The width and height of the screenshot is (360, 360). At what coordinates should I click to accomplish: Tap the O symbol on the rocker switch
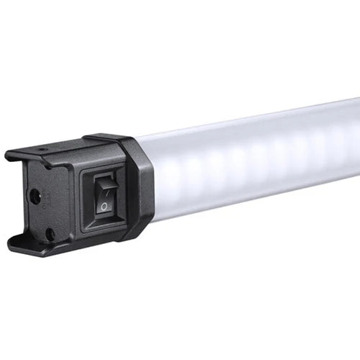click(105, 206)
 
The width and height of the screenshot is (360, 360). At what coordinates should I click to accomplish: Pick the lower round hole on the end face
click(50, 233)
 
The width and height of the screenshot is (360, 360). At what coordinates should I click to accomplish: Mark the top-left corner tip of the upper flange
click(7, 153)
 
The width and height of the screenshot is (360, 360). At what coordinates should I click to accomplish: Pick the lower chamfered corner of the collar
click(144, 230)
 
